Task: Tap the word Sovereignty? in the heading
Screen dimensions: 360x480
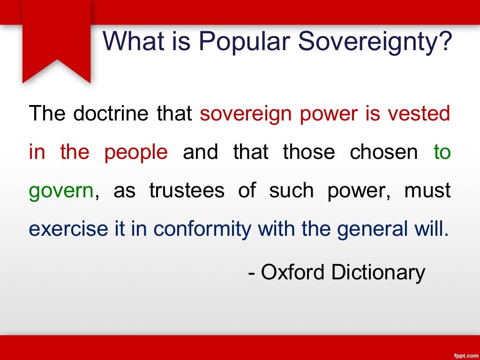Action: (375, 41)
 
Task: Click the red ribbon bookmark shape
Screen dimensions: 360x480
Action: (57, 42)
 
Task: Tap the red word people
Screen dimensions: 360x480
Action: (136, 152)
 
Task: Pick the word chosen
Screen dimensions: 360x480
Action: (384, 152)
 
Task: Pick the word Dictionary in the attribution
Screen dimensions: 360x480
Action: (378, 272)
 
